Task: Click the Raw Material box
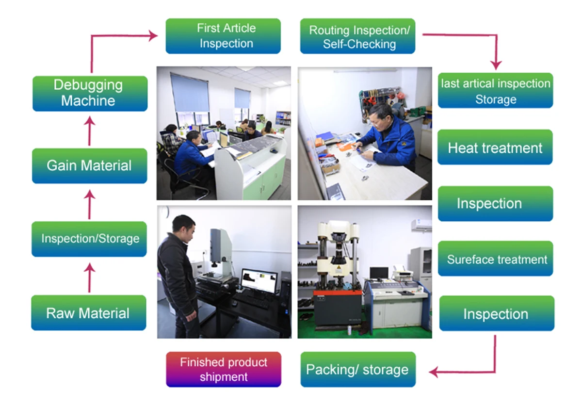point(89,313)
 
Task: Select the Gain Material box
point(89,166)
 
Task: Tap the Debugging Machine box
point(90,93)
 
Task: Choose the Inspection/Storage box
point(89,239)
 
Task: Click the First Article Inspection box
point(223,36)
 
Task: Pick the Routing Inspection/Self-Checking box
point(358,36)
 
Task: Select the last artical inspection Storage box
point(495,91)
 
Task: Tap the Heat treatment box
point(495,147)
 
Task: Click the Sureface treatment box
point(495,259)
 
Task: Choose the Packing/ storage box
point(358,370)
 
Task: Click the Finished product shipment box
point(224,370)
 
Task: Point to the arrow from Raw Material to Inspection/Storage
point(89,277)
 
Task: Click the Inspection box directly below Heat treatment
point(495,204)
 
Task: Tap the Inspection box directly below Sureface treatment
point(496,314)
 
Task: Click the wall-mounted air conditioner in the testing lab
point(421,225)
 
